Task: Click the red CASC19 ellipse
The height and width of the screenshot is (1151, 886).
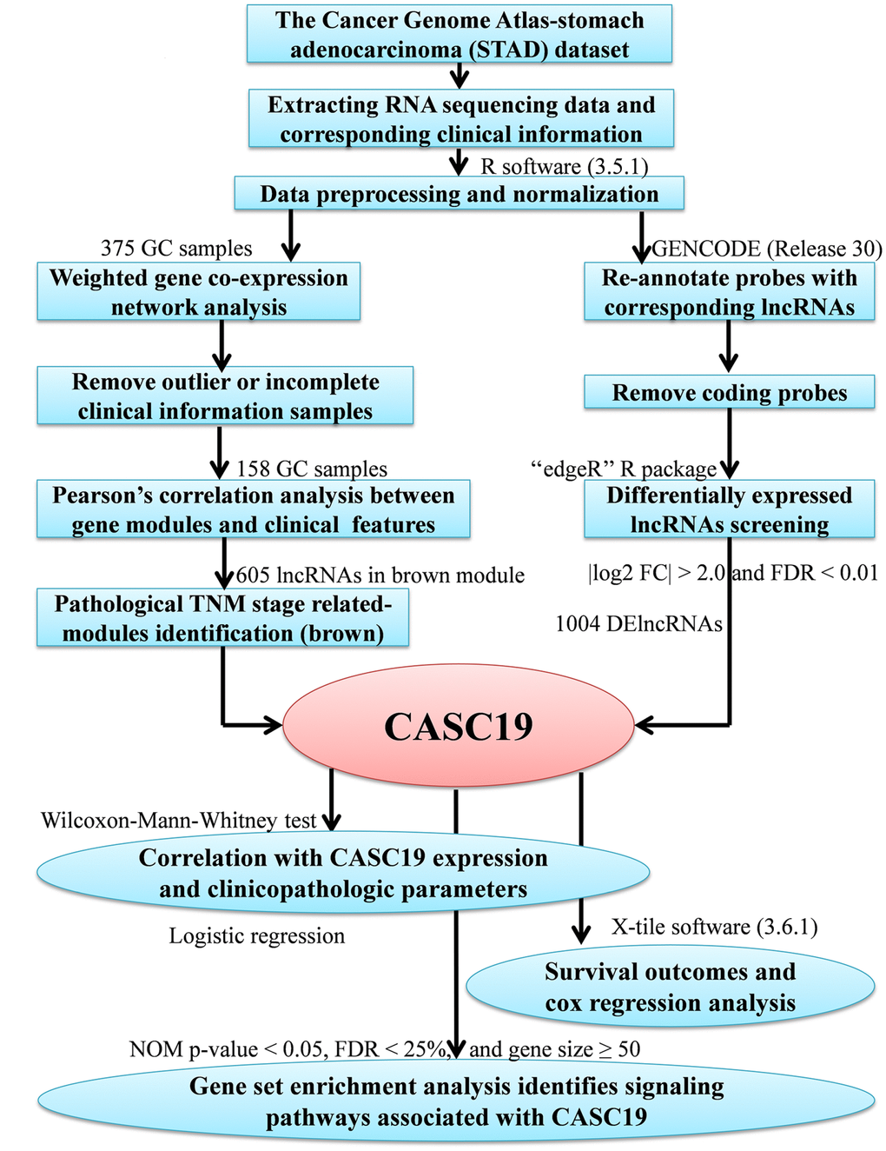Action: tap(459, 727)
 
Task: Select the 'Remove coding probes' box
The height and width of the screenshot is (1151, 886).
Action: tap(729, 393)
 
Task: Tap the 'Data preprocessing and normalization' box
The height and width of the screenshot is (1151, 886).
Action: tap(459, 194)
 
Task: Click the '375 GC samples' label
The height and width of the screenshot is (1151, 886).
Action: tap(176, 249)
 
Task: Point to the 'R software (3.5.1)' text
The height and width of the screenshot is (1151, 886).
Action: tap(565, 166)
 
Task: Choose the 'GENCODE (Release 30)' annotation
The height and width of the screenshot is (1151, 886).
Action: tap(767, 249)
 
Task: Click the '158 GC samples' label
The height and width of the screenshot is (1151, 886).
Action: tap(312, 469)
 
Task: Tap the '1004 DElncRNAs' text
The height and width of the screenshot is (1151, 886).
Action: tap(639, 624)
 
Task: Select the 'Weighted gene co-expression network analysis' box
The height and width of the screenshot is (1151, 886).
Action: tap(198, 292)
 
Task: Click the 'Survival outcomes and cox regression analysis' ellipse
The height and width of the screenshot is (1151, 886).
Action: tap(670, 988)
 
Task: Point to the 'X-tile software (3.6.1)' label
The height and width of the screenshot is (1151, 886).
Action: tap(714, 927)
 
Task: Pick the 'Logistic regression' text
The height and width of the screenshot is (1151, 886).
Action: tap(256, 936)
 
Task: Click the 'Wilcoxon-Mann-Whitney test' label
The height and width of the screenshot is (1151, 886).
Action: tap(178, 821)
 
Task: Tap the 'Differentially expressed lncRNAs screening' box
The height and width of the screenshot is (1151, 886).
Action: tap(729, 509)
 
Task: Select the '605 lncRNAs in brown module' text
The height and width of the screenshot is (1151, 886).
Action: tap(380, 575)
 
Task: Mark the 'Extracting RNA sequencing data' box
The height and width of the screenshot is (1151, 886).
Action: tap(460, 119)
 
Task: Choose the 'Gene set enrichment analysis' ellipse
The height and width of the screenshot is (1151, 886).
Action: tap(456, 1101)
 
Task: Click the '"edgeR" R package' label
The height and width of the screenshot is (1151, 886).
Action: tap(624, 469)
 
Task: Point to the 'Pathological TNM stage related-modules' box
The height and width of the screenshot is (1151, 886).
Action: tap(222, 618)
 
